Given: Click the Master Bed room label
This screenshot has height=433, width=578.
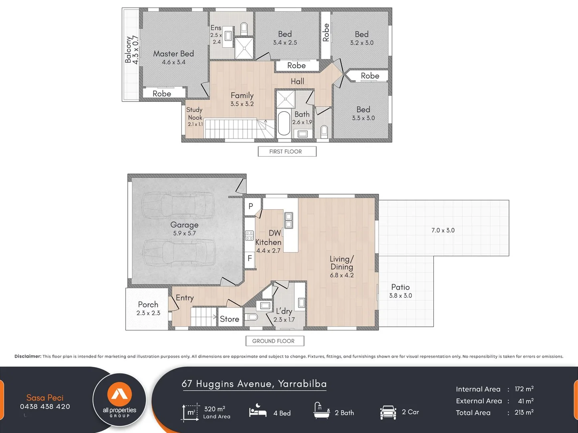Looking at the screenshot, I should pyautogui.click(x=173, y=54).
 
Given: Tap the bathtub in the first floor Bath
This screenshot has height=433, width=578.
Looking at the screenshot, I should pyautogui.click(x=284, y=123).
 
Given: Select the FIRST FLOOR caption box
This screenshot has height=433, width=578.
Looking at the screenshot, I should pyautogui.click(x=287, y=152).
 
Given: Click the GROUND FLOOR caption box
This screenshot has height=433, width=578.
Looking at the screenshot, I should pyautogui.click(x=274, y=341).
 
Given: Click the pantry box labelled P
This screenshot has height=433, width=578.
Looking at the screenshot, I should pyautogui.click(x=251, y=206).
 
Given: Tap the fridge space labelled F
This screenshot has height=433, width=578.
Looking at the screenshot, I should pyautogui.click(x=250, y=258).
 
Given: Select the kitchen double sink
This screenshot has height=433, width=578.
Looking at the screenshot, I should pyautogui.click(x=288, y=220).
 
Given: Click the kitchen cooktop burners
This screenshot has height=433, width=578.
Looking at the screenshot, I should pyautogui.click(x=249, y=235).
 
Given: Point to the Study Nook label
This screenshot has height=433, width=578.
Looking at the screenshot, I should pyautogui.click(x=195, y=113).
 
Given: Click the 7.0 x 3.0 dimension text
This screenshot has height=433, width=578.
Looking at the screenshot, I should pyautogui.click(x=443, y=230).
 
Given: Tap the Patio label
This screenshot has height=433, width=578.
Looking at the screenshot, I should pyautogui.click(x=400, y=287).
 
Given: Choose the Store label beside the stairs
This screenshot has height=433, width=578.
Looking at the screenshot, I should pyautogui.click(x=230, y=319).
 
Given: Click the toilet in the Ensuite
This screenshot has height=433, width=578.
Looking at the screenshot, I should pyautogui.click(x=244, y=28).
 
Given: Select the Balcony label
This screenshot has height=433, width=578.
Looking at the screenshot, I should pyautogui.click(x=129, y=50).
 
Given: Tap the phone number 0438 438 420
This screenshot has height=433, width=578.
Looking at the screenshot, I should pyautogui.click(x=45, y=407).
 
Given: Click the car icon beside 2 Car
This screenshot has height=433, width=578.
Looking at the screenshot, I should pyautogui.click(x=388, y=412).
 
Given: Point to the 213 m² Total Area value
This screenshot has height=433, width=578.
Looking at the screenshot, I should pyautogui.click(x=524, y=413).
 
